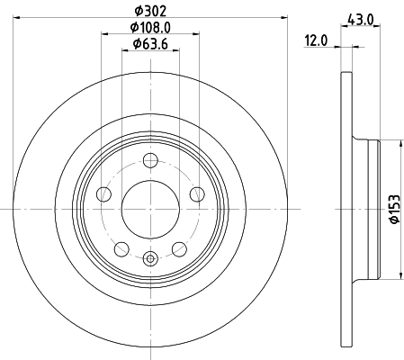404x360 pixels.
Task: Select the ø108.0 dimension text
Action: click(149, 27)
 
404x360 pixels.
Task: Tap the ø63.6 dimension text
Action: click(149, 44)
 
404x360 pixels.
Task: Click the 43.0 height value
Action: click(362, 17)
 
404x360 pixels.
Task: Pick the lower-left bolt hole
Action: click(121, 249)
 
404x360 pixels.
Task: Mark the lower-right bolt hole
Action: click(179, 249)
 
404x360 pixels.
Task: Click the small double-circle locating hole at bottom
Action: click(150, 259)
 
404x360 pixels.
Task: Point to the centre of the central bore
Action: click(150, 209)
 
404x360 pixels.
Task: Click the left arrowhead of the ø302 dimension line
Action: click(18, 16)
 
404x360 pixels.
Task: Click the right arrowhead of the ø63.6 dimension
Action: click(177, 51)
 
